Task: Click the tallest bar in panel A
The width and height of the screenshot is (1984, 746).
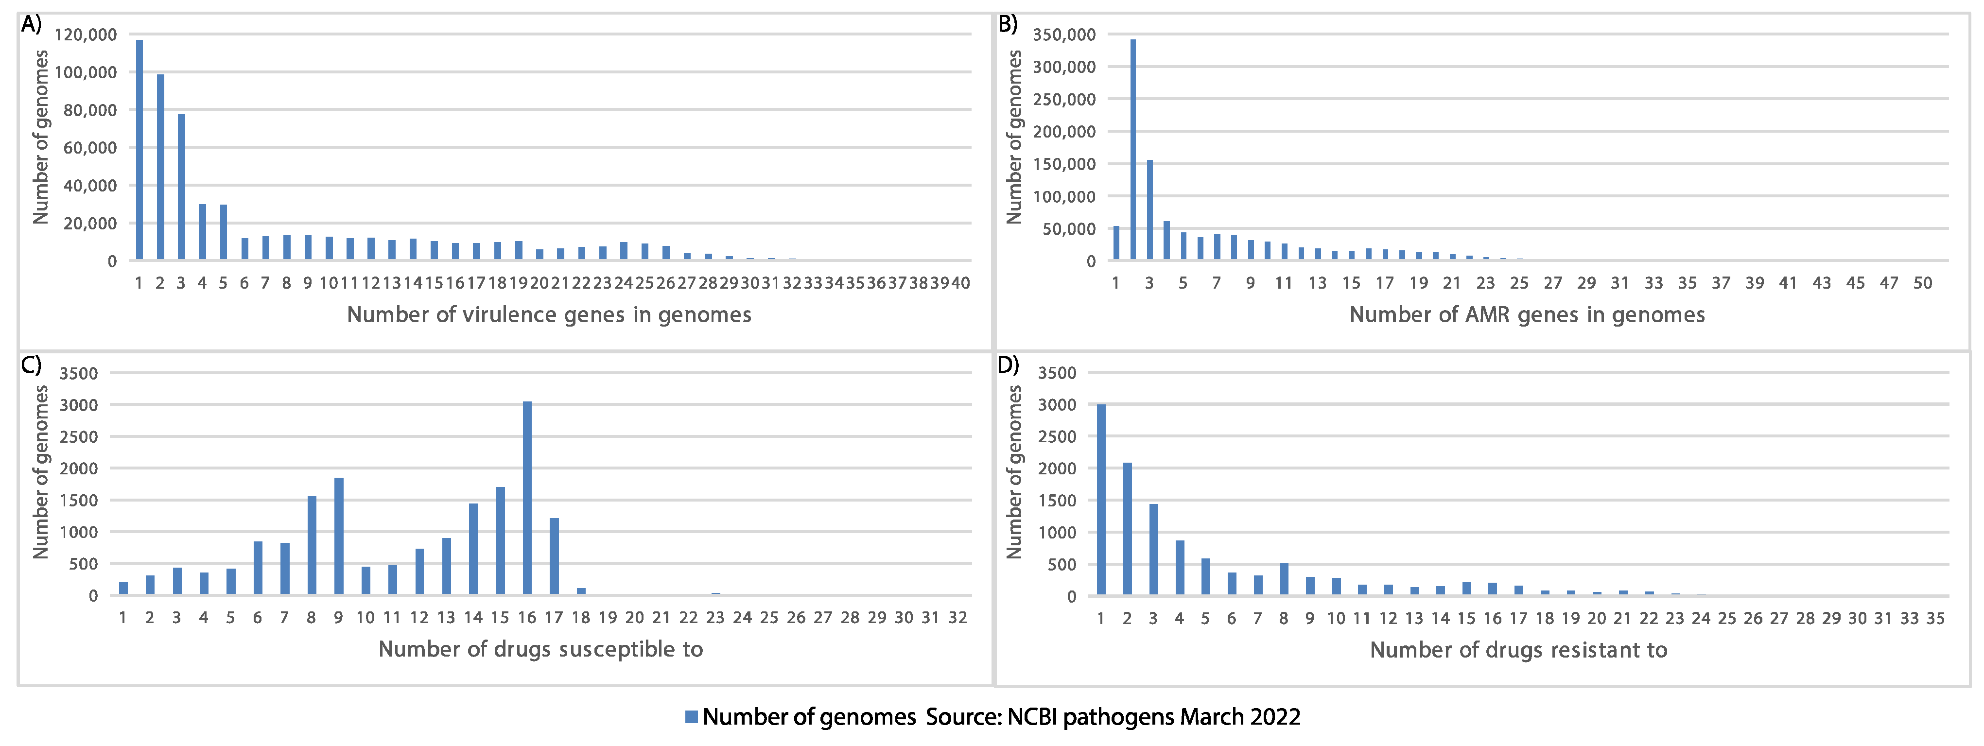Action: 139,150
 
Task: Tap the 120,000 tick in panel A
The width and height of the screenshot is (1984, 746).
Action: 86,35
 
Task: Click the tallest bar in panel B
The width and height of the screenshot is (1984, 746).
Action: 1133,150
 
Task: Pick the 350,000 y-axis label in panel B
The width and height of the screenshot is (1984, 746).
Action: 1063,35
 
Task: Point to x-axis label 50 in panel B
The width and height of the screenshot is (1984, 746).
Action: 1922,283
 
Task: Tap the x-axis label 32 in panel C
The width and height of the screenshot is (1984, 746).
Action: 957,617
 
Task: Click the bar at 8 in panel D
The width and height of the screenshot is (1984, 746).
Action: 1284,579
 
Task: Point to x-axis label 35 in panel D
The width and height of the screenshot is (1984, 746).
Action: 1935,618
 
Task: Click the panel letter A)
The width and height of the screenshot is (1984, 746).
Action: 31,25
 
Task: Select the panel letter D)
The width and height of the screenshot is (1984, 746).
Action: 1008,364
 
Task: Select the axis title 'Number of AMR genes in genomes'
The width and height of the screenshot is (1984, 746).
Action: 1527,315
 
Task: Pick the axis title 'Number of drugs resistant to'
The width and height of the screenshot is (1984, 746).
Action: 1518,650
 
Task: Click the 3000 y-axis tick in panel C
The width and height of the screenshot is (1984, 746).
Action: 79,405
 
